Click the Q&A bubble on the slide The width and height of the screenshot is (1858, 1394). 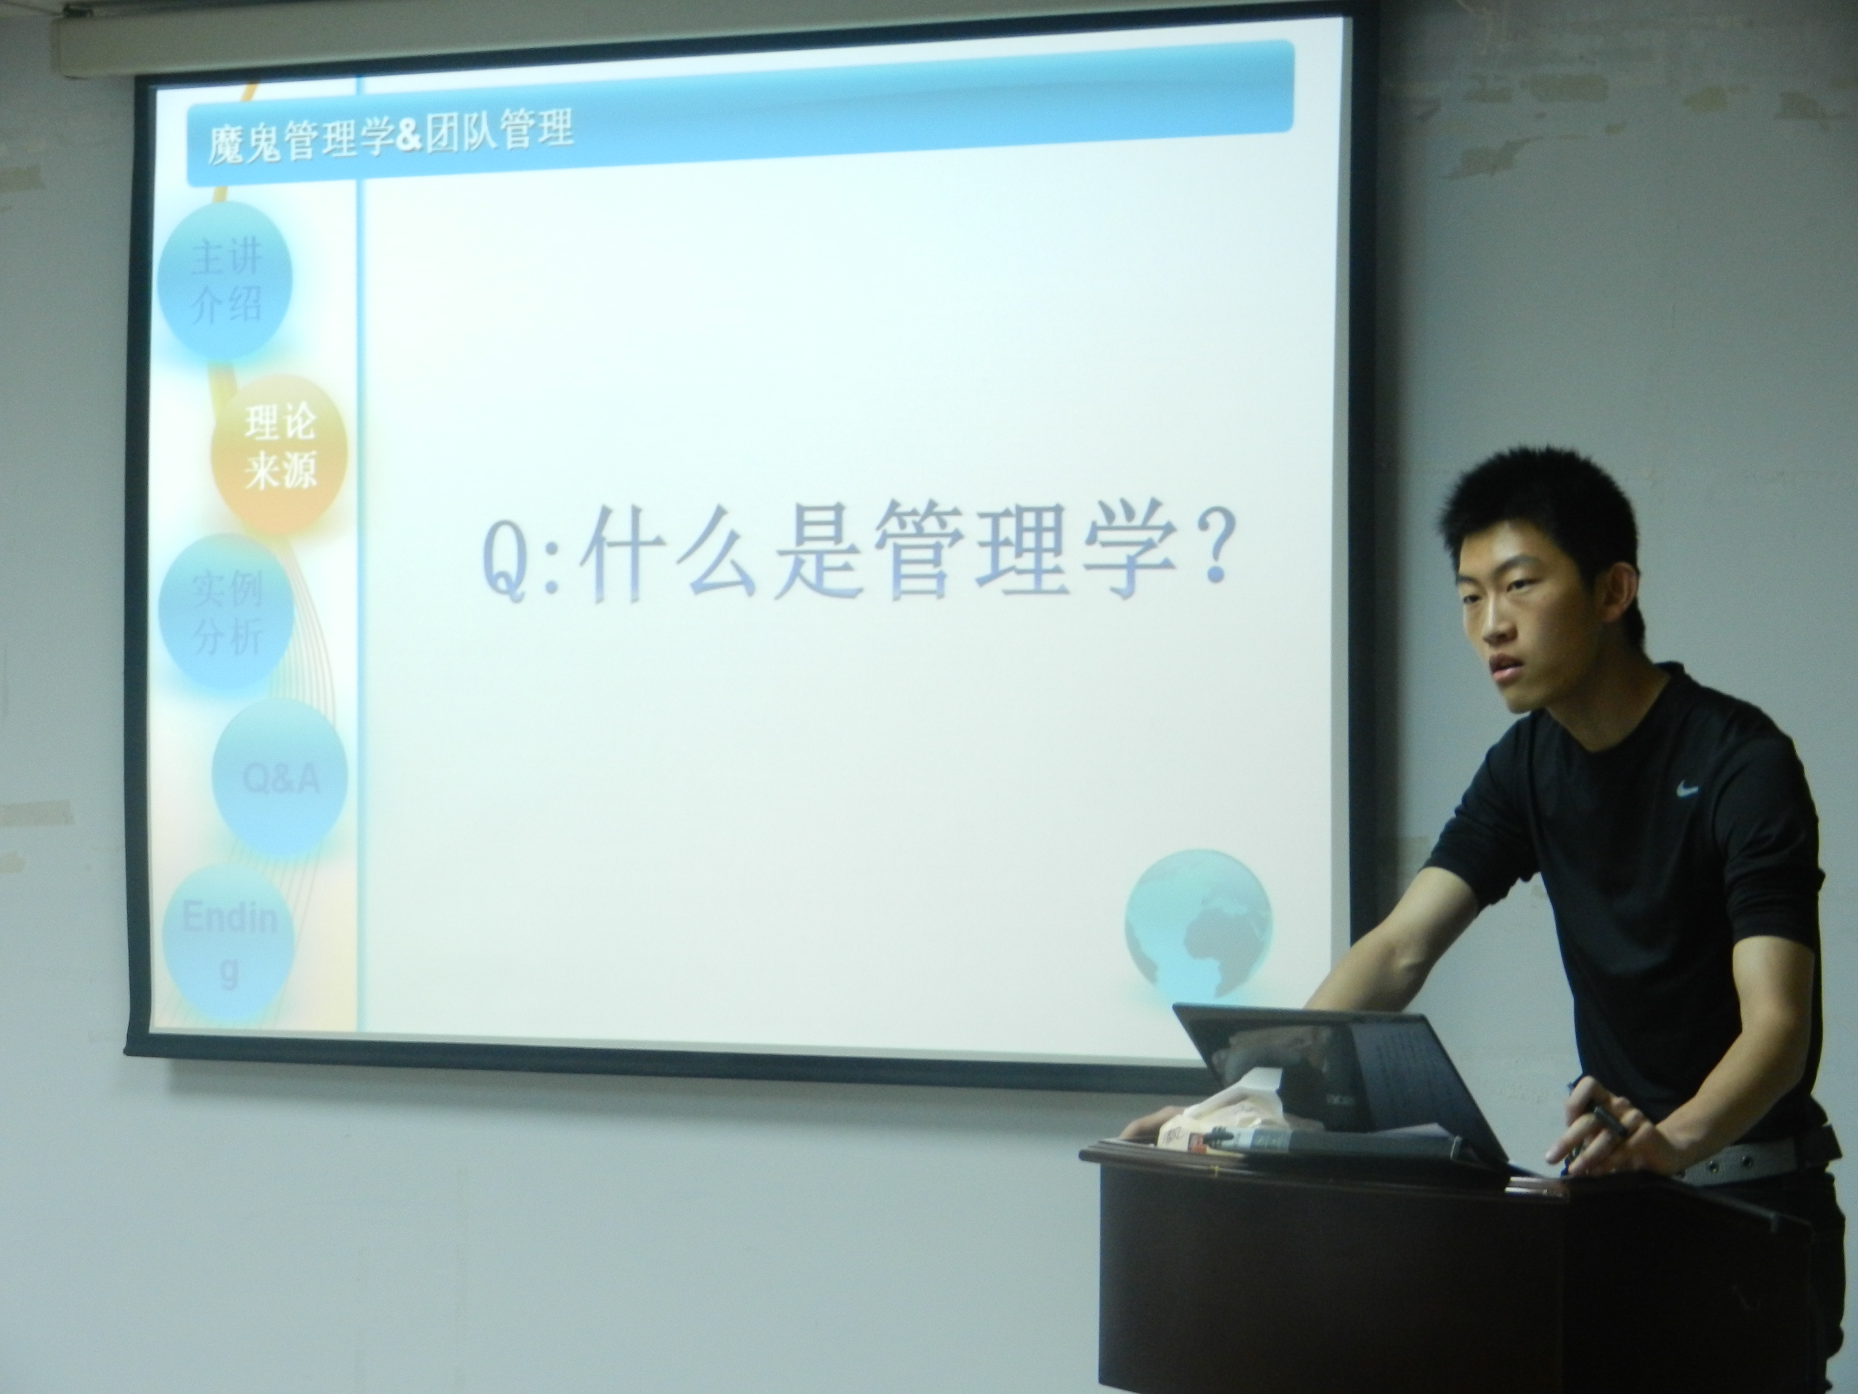(281, 778)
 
